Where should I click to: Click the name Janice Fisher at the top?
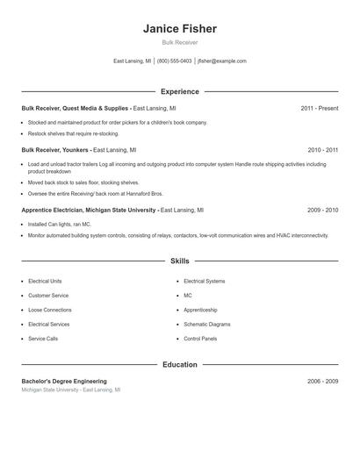coord(180,29)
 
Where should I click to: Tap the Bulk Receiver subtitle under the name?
coord(180,42)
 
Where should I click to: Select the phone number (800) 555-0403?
coord(174,61)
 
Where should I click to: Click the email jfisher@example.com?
coord(222,61)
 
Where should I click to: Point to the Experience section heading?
coord(180,91)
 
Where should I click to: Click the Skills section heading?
coord(180,261)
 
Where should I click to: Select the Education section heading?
coord(180,364)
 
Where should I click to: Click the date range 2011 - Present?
coord(319,108)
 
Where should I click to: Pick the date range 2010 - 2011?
coord(322,150)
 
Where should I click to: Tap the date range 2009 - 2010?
coord(322,211)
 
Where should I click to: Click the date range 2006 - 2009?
coord(322,381)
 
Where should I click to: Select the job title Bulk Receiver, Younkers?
coord(56,150)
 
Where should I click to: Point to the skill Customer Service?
coord(47,296)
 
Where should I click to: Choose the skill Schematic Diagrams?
coord(206,324)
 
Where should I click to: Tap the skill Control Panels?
coord(199,338)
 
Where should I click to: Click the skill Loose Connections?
coord(50,310)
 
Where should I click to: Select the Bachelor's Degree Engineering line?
coord(64,381)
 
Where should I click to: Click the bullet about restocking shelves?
coord(73,133)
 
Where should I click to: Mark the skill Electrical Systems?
coord(204,281)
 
